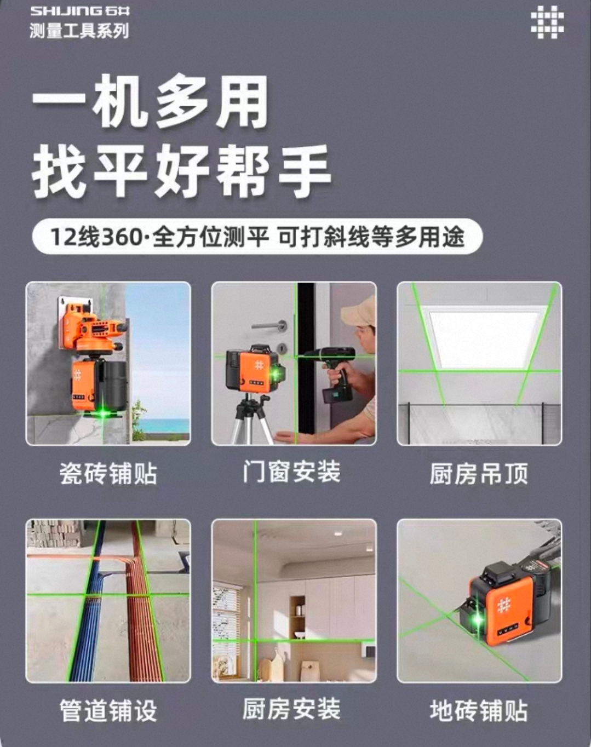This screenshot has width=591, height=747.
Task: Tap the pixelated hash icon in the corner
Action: point(547,22)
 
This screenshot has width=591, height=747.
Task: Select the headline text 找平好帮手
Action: point(181,170)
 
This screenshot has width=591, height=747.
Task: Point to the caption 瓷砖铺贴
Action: point(108,474)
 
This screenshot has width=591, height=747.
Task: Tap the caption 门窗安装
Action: point(292,472)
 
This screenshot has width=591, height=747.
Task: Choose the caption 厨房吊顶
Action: point(479,474)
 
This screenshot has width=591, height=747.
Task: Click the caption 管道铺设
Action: point(108,710)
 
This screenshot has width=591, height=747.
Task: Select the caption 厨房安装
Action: point(292,709)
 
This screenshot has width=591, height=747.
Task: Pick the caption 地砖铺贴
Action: point(479,710)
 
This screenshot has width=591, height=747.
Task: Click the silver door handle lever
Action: point(269,326)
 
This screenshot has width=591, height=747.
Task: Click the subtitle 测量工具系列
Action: point(79,31)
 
